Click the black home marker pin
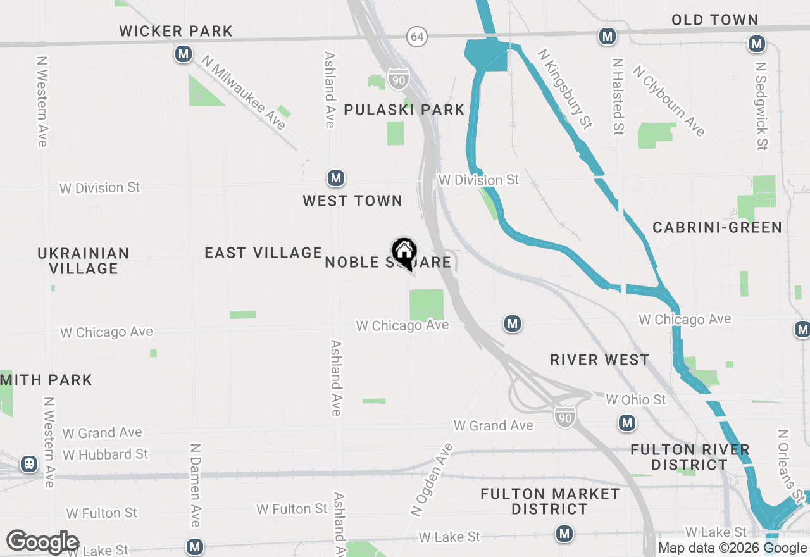pyautogui.click(x=403, y=253)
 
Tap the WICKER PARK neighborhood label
pyautogui.click(x=176, y=31)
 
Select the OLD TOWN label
pyautogui.click(x=715, y=20)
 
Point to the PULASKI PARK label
pyautogui.click(x=404, y=110)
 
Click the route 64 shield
pyautogui.click(x=416, y=37)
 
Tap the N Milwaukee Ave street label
pyautogui.click(x=244, y=92)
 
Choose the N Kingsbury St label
pyautogui.click(x=564, y=89)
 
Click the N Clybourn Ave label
pyautogui.click(x=669, y=101)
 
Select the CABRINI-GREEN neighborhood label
pyautogui.click(x=717, y=227)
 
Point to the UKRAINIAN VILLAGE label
pyautogui.click(x=84, y=261)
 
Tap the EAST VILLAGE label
pyautogui.click(x=263, y=253)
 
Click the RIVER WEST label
pyautogui.click(x=599, y=360)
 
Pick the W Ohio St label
pyautogui.click(x=635, y=400)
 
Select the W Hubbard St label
pyautogui.click(x=105, y=454)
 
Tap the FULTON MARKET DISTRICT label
pyautogui.click(x=550, y=501)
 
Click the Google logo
pyautogui.click(x=42, y=542)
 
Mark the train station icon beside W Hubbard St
pyautogui.click(x=29, y=464)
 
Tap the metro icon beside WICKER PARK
pyautogui.click(x=184, y=54)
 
